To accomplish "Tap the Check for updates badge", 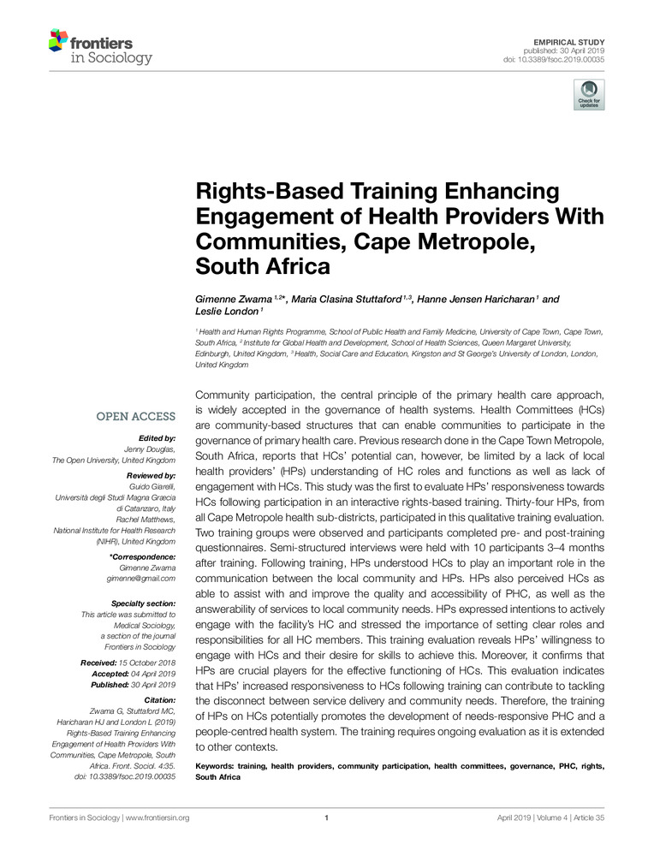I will (588, 95).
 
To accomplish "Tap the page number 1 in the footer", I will (327, 817).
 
